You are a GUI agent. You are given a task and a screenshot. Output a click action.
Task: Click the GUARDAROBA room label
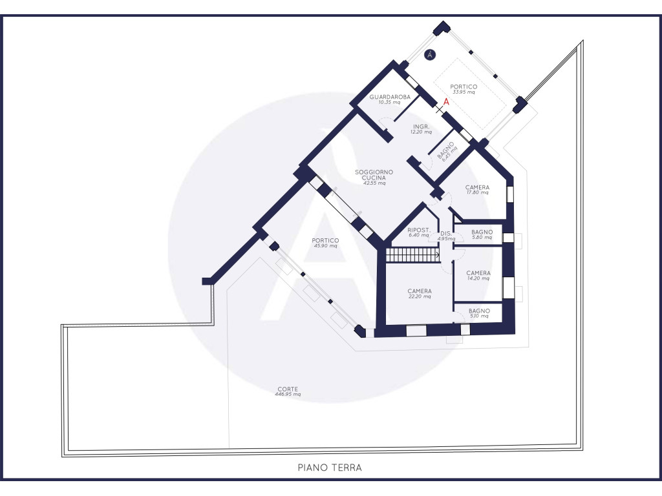pos(390,97)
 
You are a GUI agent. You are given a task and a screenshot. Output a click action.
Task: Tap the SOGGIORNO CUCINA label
pos(374,174)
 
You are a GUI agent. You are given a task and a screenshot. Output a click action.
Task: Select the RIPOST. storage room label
pos(418,230)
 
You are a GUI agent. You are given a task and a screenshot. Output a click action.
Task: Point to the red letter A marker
pos(446,101)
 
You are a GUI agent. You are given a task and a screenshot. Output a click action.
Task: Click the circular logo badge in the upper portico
pos(430,55)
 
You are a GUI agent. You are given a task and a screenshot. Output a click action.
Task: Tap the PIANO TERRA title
pos(330,468)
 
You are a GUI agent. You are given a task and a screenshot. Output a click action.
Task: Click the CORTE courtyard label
pos(288,389)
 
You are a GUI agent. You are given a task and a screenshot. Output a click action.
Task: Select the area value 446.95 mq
pos(288,395)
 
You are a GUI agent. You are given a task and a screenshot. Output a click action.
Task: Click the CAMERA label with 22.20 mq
pos(420,291)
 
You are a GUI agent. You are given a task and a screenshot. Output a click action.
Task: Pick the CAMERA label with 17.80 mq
pos(478,187)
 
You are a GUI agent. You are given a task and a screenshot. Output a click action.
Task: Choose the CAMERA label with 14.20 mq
pos(478,273)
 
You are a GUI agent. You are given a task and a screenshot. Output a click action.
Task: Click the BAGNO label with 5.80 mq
pos(482,232)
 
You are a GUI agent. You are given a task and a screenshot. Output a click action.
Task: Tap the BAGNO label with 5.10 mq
pos(479,311)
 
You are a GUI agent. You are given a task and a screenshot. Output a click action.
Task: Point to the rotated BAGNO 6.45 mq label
pos(447,151)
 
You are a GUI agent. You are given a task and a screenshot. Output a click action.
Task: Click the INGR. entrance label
pos(422,127)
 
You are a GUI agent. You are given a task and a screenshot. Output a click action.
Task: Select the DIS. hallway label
pos(446,233)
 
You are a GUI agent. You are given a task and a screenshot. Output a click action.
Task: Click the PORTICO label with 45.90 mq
pos(325,240)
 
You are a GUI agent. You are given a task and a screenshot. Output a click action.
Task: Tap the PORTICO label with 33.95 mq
pos(464,87)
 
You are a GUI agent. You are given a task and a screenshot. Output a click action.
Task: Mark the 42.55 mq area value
pos(374,183)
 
